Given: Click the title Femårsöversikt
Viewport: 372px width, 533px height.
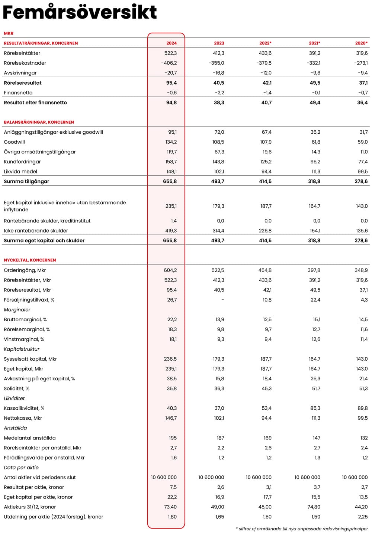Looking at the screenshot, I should [x=80, y=12].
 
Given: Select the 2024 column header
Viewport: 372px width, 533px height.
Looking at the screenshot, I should [x=171, y=43].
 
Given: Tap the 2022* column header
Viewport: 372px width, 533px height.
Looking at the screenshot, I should [x=265, y=43].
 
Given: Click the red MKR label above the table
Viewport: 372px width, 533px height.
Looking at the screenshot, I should [x=9, y=33].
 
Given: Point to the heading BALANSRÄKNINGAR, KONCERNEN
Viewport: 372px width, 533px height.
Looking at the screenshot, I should [x=39, y=122].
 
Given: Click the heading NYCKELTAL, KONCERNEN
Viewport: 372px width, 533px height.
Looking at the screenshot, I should [x=30, y=260].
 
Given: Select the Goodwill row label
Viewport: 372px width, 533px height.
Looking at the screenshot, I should [x=15, y=142].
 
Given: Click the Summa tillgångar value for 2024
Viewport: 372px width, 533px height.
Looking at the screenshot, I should [x=170, y=181].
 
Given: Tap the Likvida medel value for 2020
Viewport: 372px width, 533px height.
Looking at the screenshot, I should [x=362, y=172].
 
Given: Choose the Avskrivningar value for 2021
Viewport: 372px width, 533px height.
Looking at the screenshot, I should [x=315, y=73].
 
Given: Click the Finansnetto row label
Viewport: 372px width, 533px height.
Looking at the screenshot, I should [x=18, y=93].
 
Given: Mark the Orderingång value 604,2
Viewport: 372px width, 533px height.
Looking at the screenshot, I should [x=170, y=270].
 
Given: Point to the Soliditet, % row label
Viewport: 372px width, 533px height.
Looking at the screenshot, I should [x=16, y=389].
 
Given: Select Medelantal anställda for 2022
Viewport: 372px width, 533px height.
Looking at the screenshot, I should [x=267, y=438].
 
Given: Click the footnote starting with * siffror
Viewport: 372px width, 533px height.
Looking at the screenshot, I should [x=302, y=529].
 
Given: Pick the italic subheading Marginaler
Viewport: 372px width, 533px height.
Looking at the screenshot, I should [x=17, y=310].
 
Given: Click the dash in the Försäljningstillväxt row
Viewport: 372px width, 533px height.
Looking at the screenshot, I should [x=222, y=300].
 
